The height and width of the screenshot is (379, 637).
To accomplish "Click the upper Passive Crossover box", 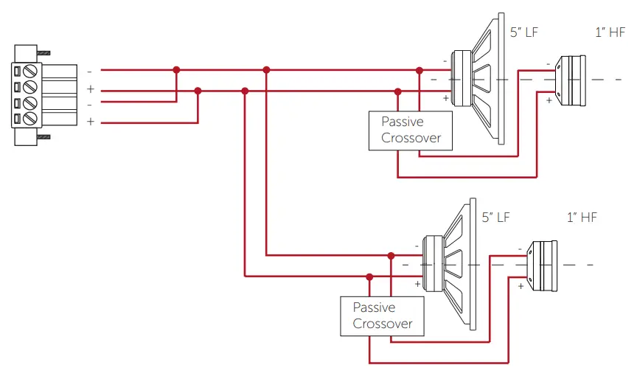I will (x=410, y=131).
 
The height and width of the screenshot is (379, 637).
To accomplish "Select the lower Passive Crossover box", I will (x=382, y=316).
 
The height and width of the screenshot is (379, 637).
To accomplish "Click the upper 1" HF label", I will (x=610, y=32).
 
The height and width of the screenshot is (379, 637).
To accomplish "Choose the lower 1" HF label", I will (x=581, y=218).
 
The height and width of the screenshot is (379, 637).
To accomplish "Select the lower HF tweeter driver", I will (x=543, y=265).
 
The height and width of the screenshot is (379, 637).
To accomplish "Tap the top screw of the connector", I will (x=31, y=72).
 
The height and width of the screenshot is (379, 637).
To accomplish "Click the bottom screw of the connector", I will (x=31, y=118).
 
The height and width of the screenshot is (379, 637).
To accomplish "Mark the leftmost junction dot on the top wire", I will (x=176, y=70).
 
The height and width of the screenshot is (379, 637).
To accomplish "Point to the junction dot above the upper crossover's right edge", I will (x=420, y=70).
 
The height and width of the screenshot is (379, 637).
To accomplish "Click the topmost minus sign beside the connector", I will (x=90, y=72).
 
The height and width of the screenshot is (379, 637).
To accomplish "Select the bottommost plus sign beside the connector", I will (x=90, y=122).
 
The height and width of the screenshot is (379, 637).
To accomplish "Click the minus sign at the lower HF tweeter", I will (x=521, y=248).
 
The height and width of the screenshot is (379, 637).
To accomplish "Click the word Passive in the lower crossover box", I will (x=374, y=307).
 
